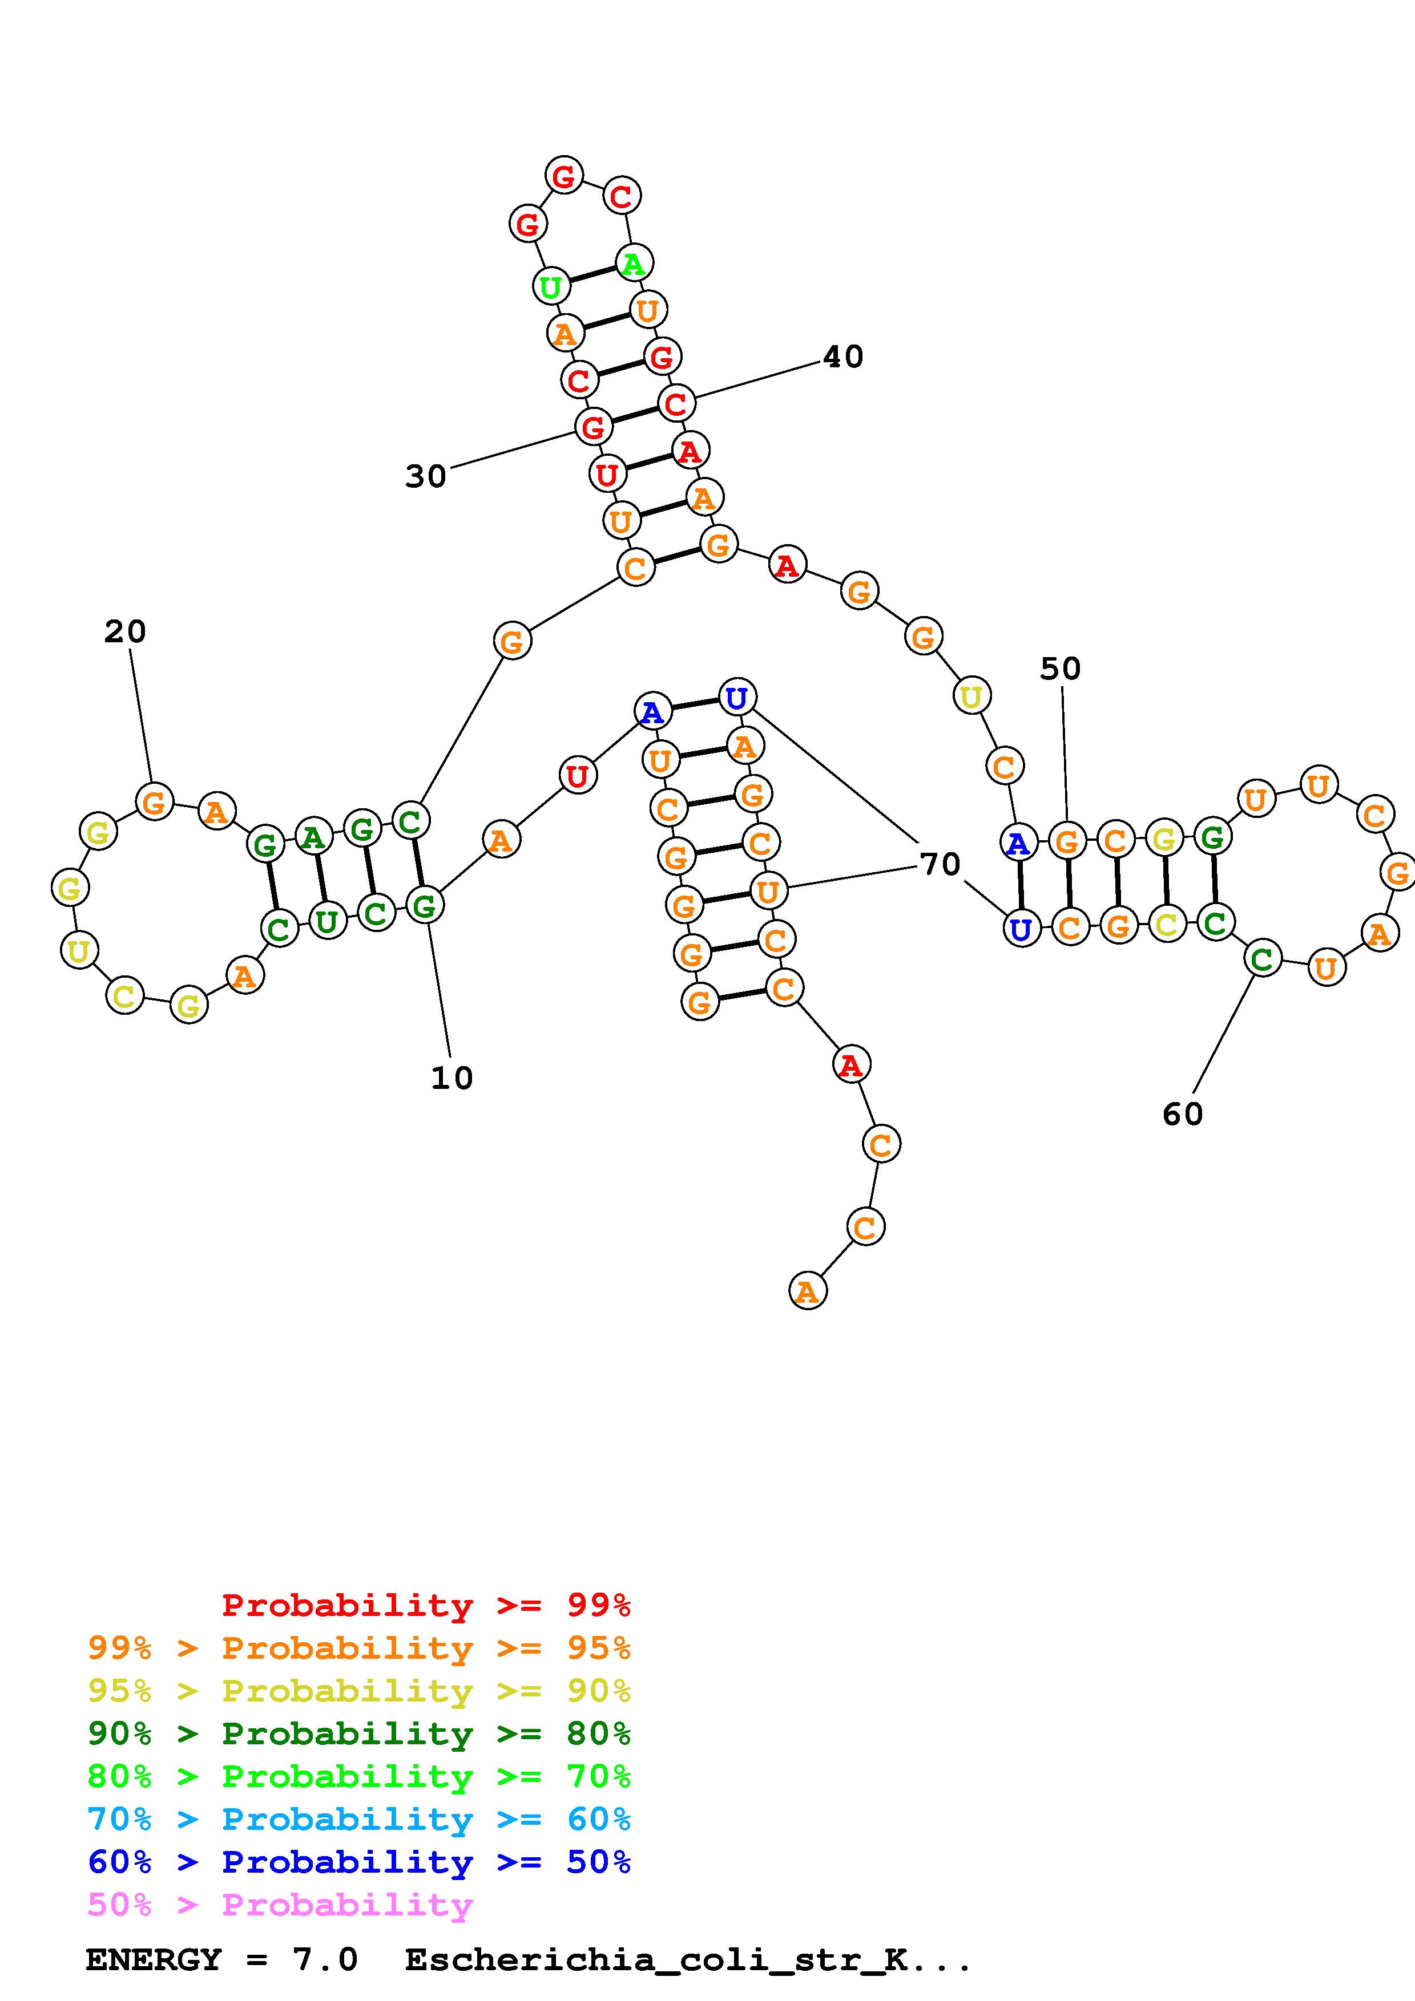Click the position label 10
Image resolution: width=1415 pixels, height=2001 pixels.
pos(451,1078)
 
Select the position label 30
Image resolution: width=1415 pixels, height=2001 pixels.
pos(425,477)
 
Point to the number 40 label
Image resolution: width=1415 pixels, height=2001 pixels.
pos(843,357)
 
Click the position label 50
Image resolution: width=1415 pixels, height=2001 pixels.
pos(1060,669)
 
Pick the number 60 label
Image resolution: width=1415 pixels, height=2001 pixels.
pos(1182,1115)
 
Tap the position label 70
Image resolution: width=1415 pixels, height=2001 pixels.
pos(940,865)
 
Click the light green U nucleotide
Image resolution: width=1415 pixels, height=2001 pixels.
pos(550,286)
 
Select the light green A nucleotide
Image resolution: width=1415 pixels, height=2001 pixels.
pos(634,262)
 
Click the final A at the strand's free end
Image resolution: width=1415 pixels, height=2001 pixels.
pos(807,1291)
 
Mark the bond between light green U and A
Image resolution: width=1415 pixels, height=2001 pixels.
pos(592,274)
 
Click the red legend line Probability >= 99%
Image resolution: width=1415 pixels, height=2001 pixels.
pos(425,1605)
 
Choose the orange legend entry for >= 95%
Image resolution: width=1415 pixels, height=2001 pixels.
pos(359,1648)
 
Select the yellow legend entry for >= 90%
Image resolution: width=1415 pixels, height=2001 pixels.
pos(359,1691)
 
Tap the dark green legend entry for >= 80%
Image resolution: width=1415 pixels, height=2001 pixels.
pos(359,1733)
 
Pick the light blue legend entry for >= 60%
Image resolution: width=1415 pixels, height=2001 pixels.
pos(359,1819)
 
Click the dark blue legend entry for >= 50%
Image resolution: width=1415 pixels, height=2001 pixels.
pos(359,1862)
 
